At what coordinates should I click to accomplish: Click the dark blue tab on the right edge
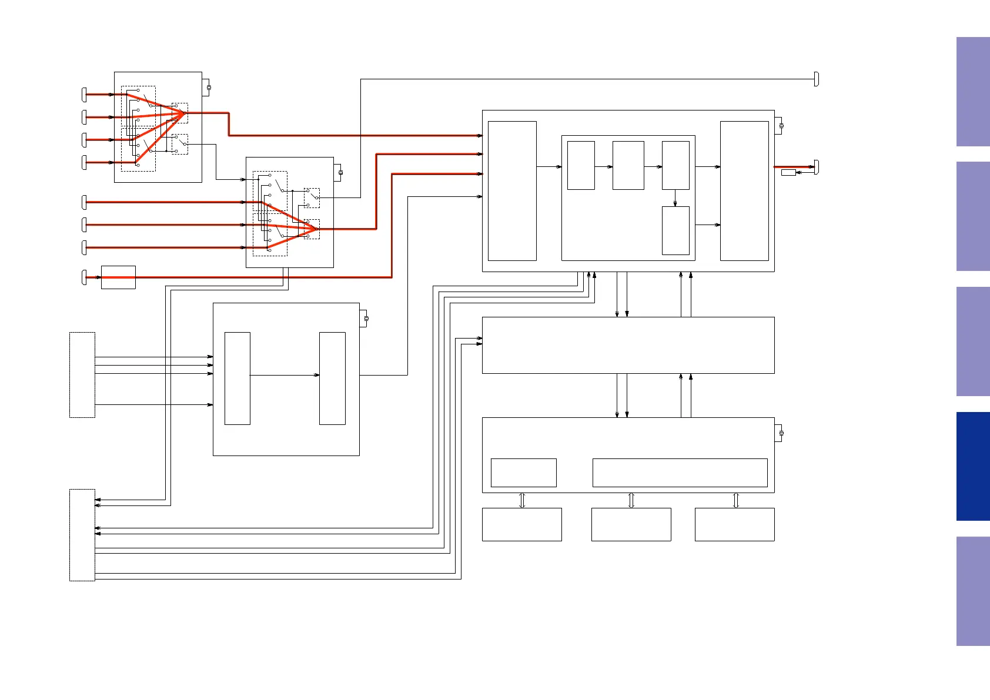point(972,466)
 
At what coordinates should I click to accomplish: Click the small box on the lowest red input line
point(118,277)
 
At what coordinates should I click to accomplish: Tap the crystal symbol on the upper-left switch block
point(209,88)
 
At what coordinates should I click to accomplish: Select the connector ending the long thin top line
point(817,79)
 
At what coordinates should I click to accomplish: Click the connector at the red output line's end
point(817,167)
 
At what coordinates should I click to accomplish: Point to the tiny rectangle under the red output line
point(788,172)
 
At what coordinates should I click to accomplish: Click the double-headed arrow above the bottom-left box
point(522,500)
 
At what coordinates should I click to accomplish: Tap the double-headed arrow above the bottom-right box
point(735,500)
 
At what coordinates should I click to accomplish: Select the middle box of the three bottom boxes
point(631,524)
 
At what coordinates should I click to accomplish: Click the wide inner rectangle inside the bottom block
point(680,473)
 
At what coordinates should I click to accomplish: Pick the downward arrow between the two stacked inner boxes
point(675,198)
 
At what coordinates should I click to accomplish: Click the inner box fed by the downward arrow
point(675,230)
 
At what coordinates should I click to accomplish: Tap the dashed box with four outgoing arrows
point(82,375)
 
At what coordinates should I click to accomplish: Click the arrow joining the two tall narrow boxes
point(285,375)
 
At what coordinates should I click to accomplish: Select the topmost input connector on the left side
point(84,94)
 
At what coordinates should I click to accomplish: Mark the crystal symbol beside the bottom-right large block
point(781,433)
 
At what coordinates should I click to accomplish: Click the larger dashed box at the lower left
point(82,535)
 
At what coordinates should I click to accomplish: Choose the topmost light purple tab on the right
point(972,92)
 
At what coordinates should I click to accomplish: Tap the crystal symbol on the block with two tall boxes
point(366,319)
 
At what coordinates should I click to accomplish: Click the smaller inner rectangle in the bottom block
point(523,473)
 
